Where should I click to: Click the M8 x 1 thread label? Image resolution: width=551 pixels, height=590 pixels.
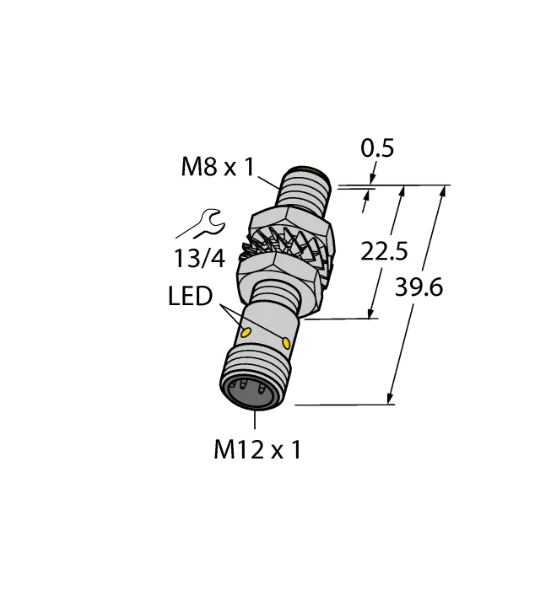pyautogui.click(x=217, y=167)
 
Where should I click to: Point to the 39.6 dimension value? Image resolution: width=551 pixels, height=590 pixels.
pyautogui.click(x=419, y=287)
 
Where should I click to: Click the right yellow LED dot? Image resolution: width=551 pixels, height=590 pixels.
pyautogui.click(x=289, y=342)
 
